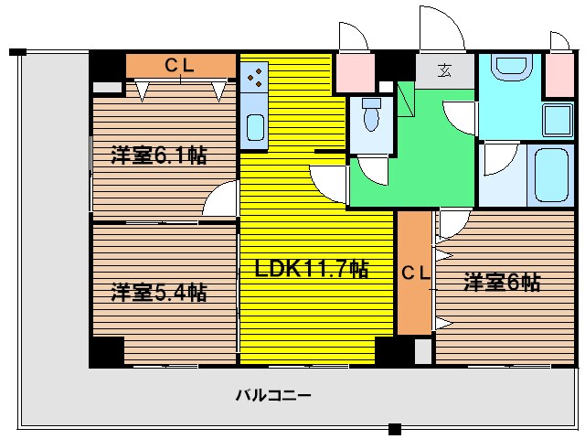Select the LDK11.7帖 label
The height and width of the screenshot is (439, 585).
[312, 269]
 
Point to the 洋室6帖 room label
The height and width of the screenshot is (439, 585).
[501, 283]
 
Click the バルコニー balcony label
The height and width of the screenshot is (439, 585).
[273, 395]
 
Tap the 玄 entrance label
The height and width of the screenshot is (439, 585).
[445, 70]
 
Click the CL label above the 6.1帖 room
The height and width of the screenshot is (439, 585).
[180, 65]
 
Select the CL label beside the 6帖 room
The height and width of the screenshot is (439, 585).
[415, 272]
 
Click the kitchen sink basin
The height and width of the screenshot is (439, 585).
[255, 127]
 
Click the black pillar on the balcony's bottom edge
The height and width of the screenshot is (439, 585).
[394, 429]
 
